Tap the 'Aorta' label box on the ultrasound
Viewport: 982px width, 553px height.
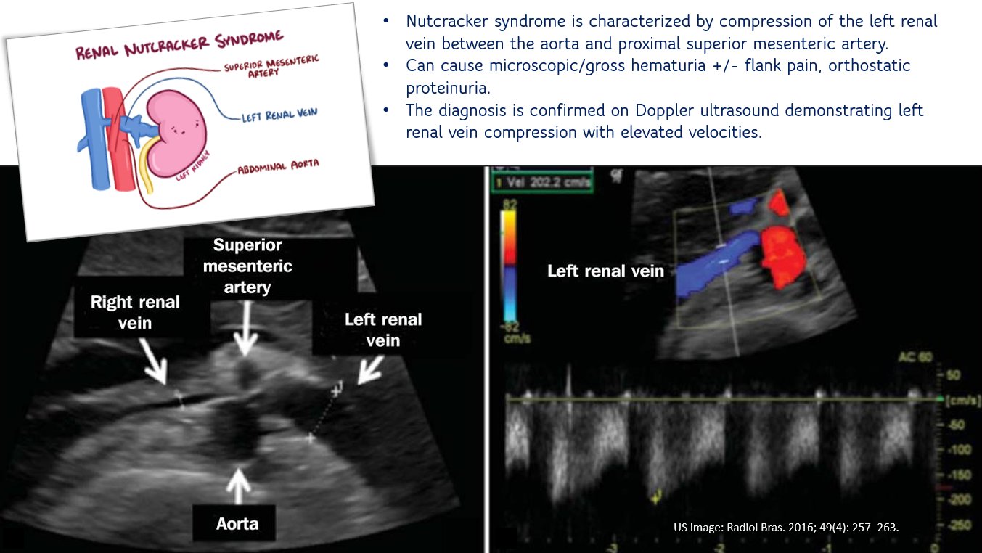click(x=237, y=523)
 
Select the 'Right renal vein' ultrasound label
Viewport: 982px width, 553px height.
click(x=135, y=312)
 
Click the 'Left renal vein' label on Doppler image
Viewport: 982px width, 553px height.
click(x=605, y=271)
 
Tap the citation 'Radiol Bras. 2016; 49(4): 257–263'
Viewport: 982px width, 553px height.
click(x=786, y=527)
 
